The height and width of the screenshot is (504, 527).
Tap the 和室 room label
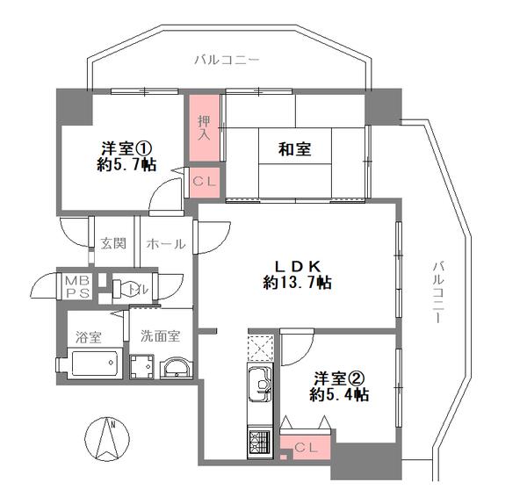295,149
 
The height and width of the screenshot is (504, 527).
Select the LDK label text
298,266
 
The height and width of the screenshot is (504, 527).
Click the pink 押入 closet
205,127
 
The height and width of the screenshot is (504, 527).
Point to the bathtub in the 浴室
95,364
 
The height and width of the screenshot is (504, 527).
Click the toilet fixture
127,288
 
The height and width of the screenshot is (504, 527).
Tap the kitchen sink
259,384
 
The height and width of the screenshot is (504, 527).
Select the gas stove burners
259,440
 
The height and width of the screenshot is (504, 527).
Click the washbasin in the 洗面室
177,368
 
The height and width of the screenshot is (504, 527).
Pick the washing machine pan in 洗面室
141,366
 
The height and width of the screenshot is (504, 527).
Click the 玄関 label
113,243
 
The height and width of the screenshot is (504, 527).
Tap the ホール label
166,244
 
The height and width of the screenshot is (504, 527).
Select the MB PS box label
77,286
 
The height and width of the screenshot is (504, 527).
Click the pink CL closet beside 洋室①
205,183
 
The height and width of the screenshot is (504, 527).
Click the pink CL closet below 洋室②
306,448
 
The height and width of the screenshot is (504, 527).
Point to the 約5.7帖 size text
126,165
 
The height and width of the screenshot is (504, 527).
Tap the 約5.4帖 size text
339,395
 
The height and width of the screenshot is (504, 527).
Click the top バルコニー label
227,60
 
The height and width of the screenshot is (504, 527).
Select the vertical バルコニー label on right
437,292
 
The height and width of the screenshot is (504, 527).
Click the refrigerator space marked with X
261,348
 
